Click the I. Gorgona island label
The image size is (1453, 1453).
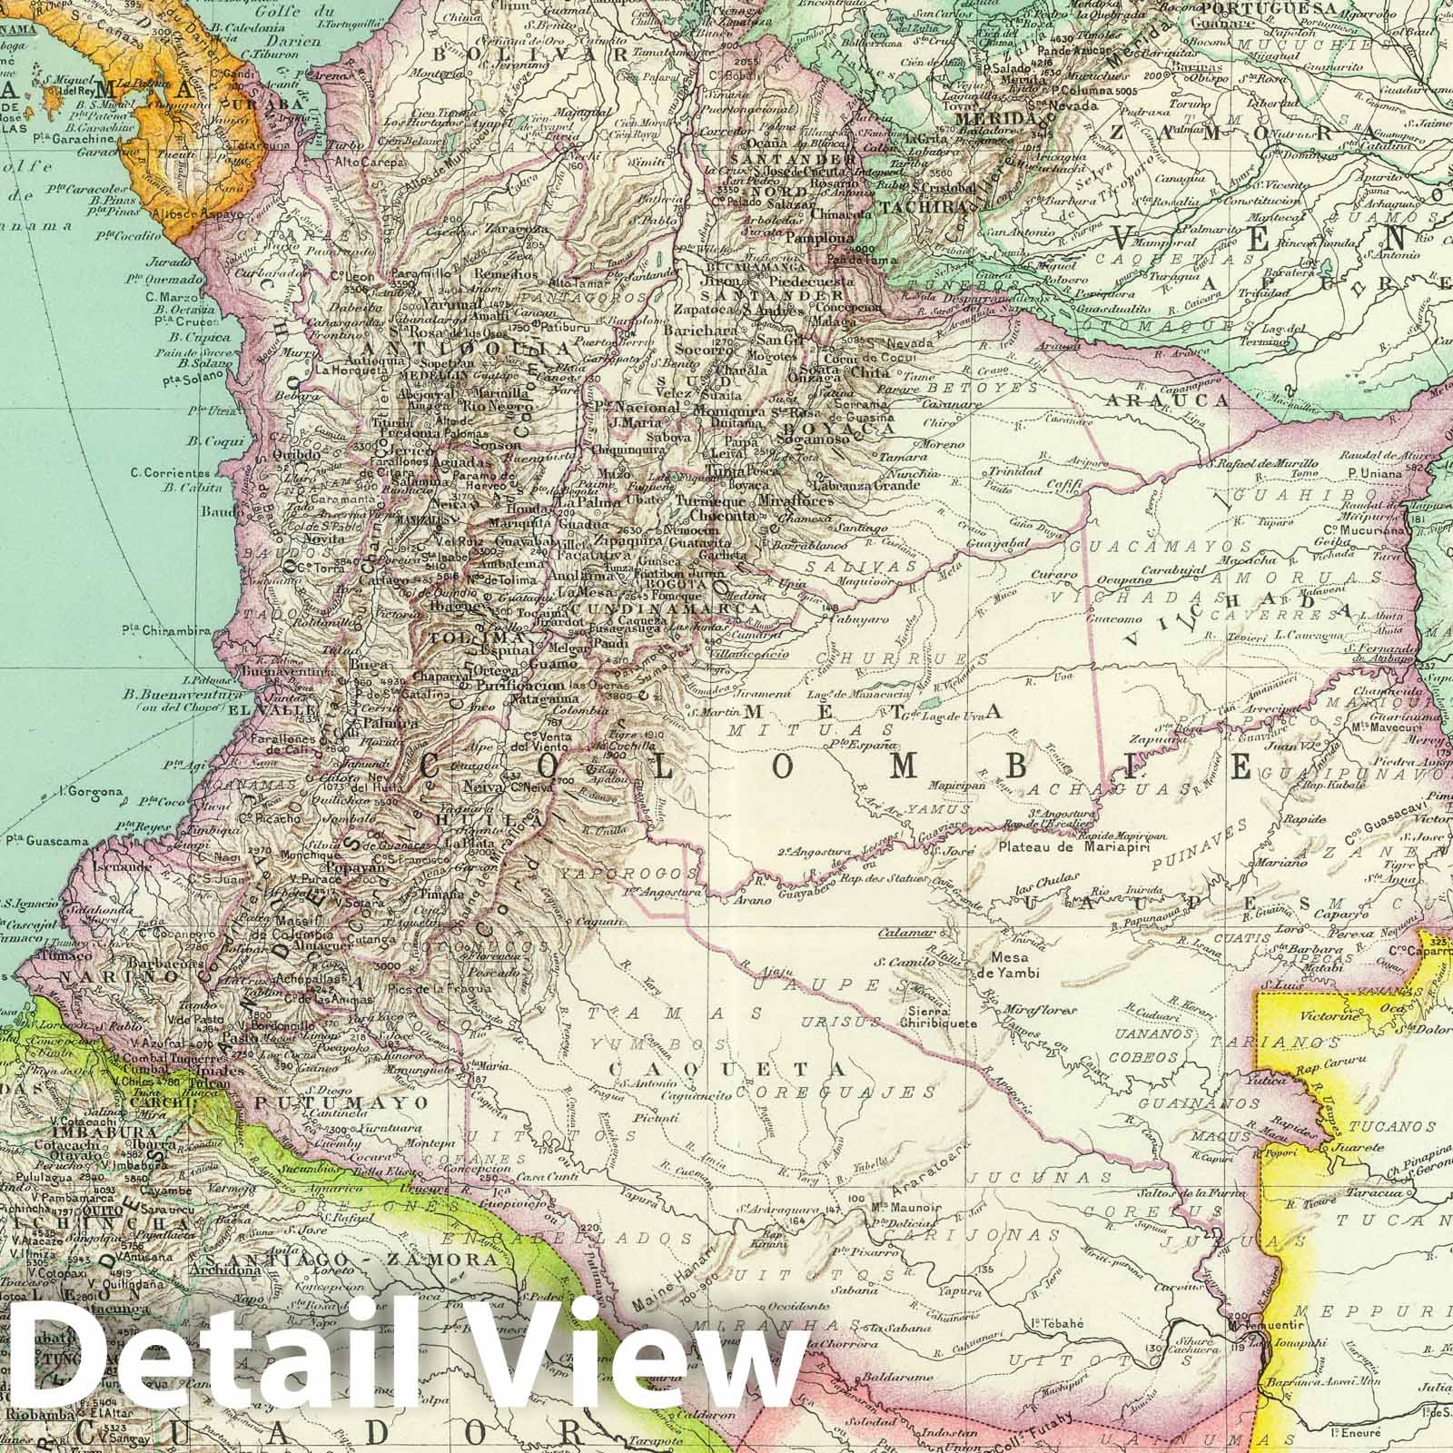point(94,792)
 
